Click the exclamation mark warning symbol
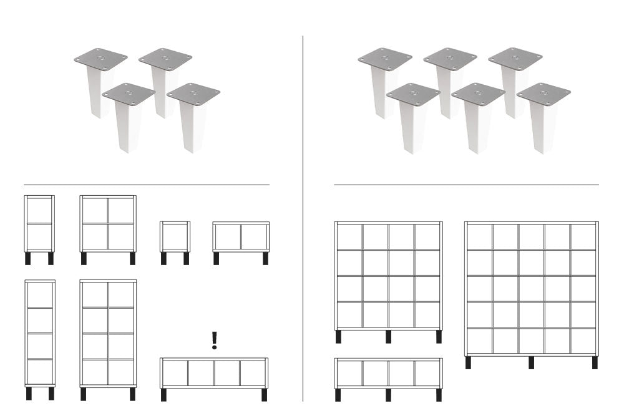pyautogui.click(x=215, y=340)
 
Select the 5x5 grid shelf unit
pyautogui.click(x=531, y=288)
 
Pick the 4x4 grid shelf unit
pyautogui.click(x=388, y=275)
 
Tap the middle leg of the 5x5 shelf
pyautogui.click(x=532, y=362)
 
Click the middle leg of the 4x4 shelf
pyautogui.click(x=388, y=337)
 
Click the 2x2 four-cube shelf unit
pyautogui.click(x=108, y=223)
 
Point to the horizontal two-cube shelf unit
pyautogui.click(x=241, y=236)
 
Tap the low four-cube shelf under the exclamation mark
pyautogui.click(x=214, y=373)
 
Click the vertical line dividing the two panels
pyautogui.click(x=303, y=218)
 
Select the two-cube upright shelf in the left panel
pyautogui.click(x=39, y=223)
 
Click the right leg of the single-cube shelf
pyautogui.click(x=186, y=258)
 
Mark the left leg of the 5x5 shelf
pyautogui.click(x=469, y=362)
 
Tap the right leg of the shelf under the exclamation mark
pyautogui.click(x=264, y=395)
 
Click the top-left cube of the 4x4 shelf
pyautogui.click(x=349, y=236)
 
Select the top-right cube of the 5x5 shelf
pyautogui.click(x=583, y=236)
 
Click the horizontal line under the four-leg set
pyautogui.click(x=147, y=185)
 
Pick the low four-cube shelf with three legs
pyautogui.click(x=388, y=373)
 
